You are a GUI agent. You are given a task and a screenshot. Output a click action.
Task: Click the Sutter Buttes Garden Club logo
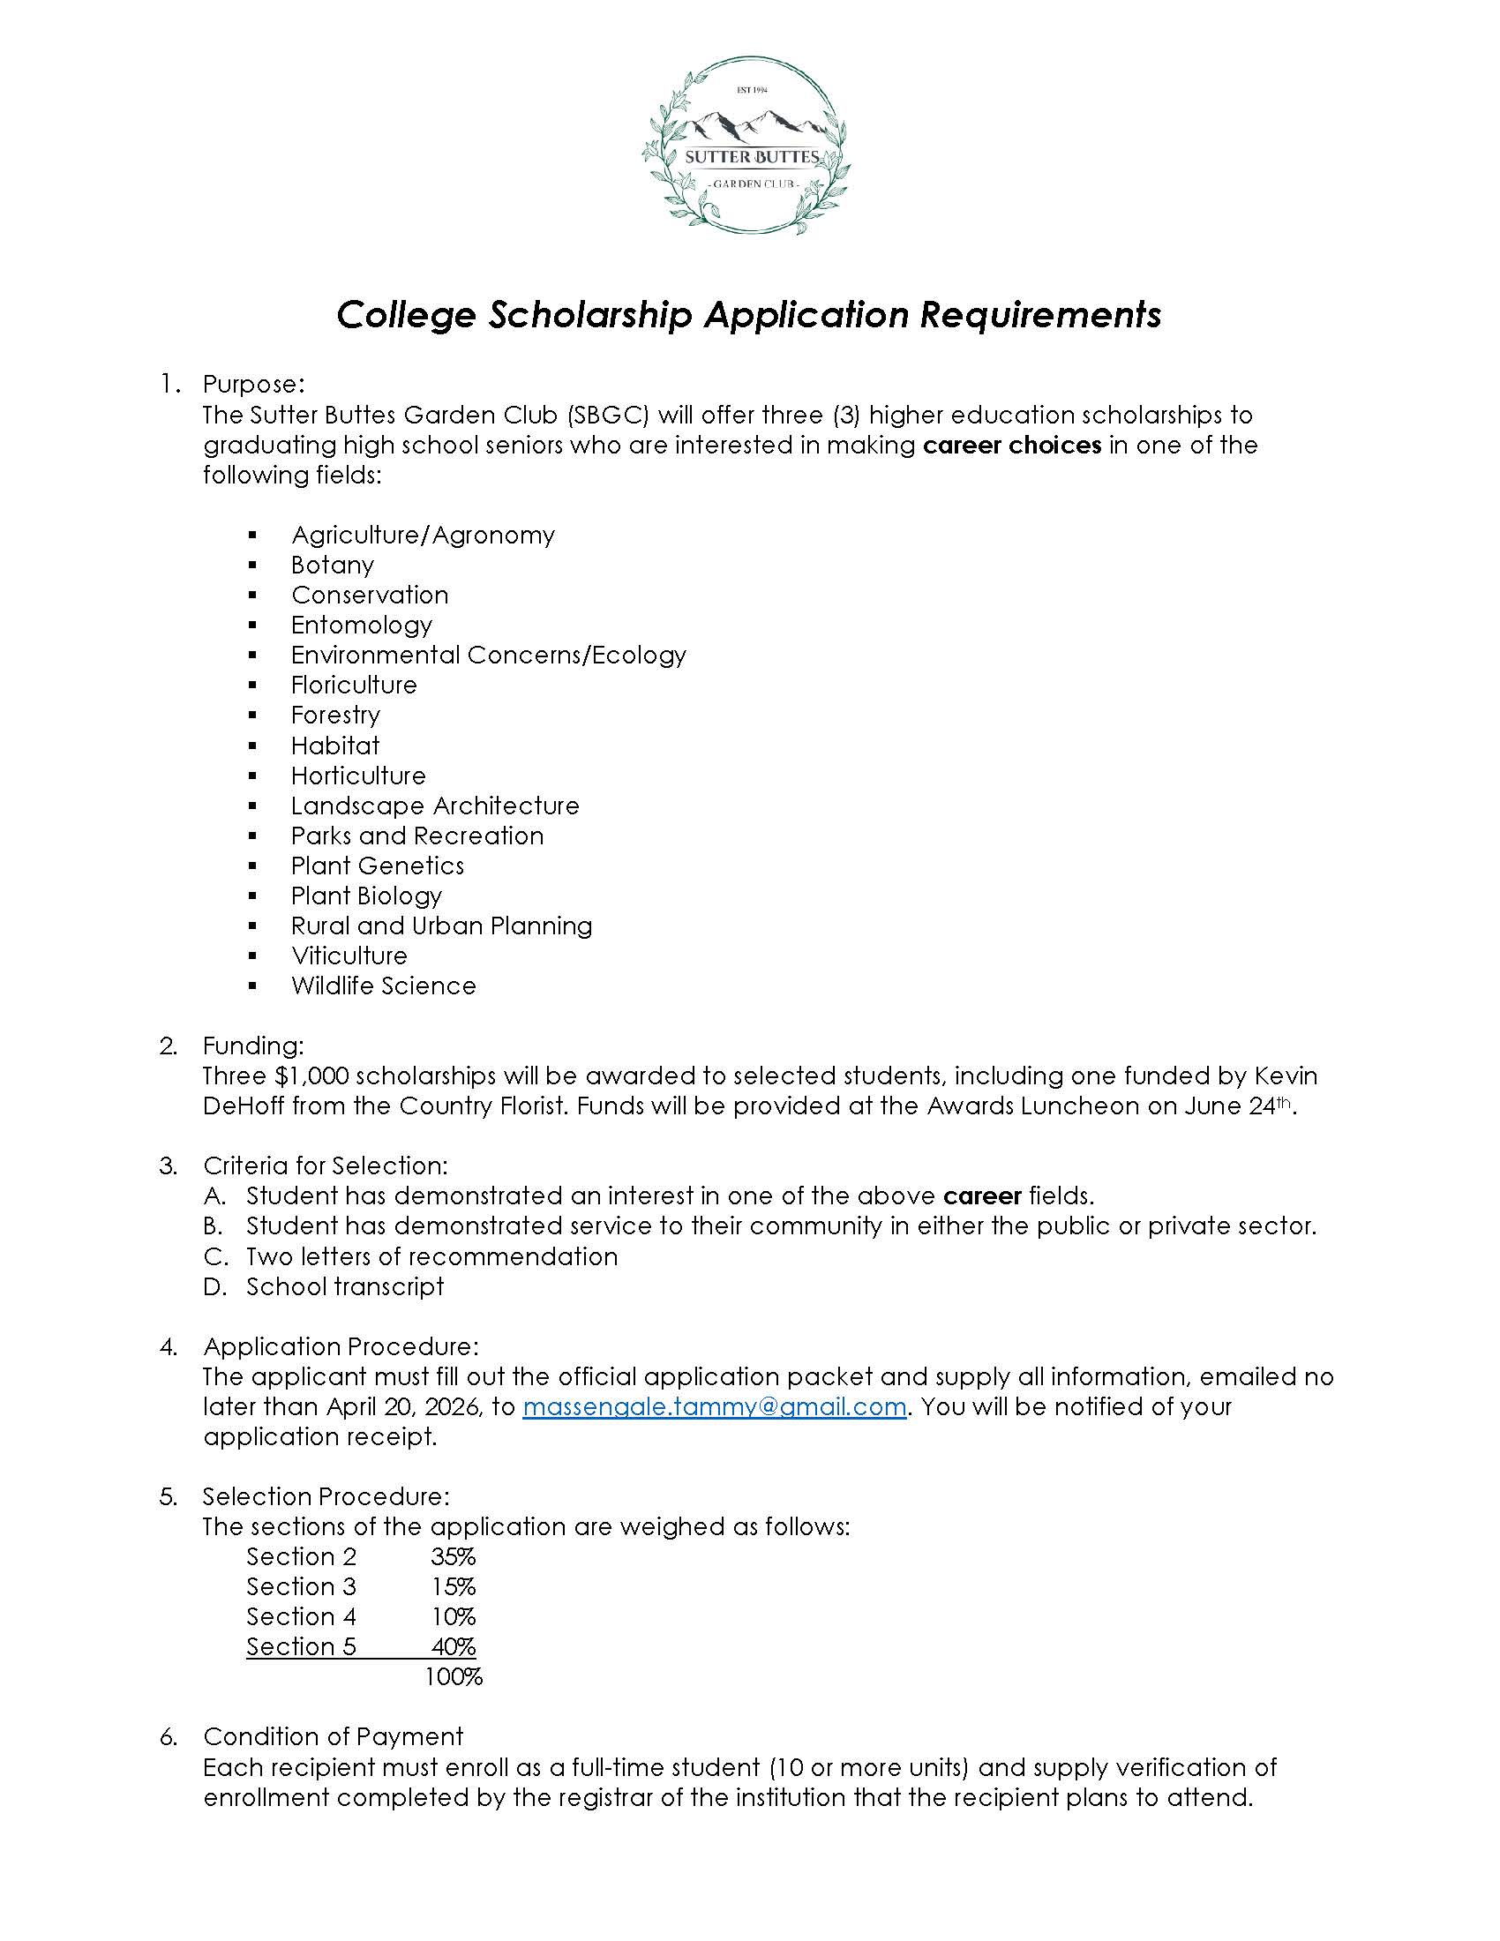point(745,146)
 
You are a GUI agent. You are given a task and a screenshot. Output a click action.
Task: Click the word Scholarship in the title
point(589,315)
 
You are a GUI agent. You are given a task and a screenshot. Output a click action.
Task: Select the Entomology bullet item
point(361,625)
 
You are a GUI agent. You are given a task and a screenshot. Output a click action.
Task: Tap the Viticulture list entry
point(349,956)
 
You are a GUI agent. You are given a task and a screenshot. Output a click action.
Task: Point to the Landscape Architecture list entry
point(434,806)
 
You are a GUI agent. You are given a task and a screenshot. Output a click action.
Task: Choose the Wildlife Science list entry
point(383,985)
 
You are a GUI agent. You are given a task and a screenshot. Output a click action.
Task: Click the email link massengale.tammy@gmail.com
point(714,1407)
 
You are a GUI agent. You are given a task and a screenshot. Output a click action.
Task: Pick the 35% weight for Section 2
point(454,1556)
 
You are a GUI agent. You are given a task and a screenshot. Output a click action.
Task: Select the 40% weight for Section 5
point(454,1646)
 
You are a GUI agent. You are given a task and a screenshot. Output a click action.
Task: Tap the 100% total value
point(454,1677)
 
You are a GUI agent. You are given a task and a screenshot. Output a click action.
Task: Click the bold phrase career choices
point(1012,445)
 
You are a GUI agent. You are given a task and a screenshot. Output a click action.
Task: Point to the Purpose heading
point(254,384)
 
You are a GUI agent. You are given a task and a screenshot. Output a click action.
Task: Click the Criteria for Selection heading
point(326,1165)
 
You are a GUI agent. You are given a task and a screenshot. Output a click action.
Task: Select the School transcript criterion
point(345,1286)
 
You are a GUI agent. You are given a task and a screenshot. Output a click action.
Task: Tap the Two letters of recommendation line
point(431,1255)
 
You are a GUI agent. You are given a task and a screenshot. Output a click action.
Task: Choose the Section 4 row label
point(301,1615)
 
